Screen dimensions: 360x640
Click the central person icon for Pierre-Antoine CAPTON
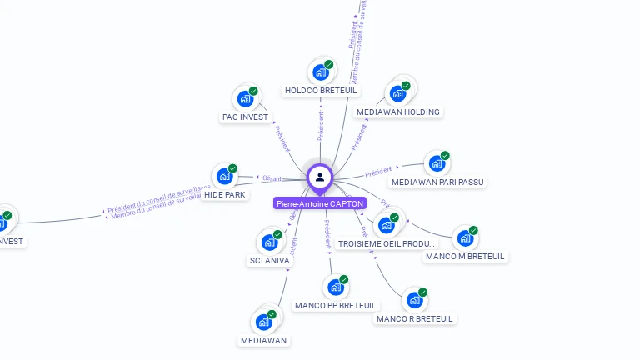coord(320,177)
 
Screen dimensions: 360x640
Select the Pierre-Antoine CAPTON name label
coord(320,203)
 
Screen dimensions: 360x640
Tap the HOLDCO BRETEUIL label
coord(321,90)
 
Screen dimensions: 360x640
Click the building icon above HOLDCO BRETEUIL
coord(320,72)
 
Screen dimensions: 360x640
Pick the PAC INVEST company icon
coord(245,99)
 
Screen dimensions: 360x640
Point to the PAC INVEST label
coord(245,117)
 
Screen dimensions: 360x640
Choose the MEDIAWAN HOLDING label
coord(398,112)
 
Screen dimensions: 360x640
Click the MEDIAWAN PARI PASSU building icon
coord(436,164)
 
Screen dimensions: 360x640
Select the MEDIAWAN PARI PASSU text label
coord(437,182)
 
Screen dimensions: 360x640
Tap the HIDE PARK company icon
coord(224,176)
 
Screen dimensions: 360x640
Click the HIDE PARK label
coord(225,194)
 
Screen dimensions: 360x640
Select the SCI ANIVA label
coord(270,261)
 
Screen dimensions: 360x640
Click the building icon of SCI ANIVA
coord(269,242)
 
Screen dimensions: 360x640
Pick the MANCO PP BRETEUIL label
coord(336,306)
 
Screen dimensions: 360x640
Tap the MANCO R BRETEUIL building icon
coord(413,301)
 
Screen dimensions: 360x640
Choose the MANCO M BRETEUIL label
coord(465,257)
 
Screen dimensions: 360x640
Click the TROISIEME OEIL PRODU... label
coord(387,244)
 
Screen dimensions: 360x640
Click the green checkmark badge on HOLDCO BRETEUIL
coord(329,64)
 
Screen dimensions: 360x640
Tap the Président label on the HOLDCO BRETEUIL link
coord(320,126)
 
